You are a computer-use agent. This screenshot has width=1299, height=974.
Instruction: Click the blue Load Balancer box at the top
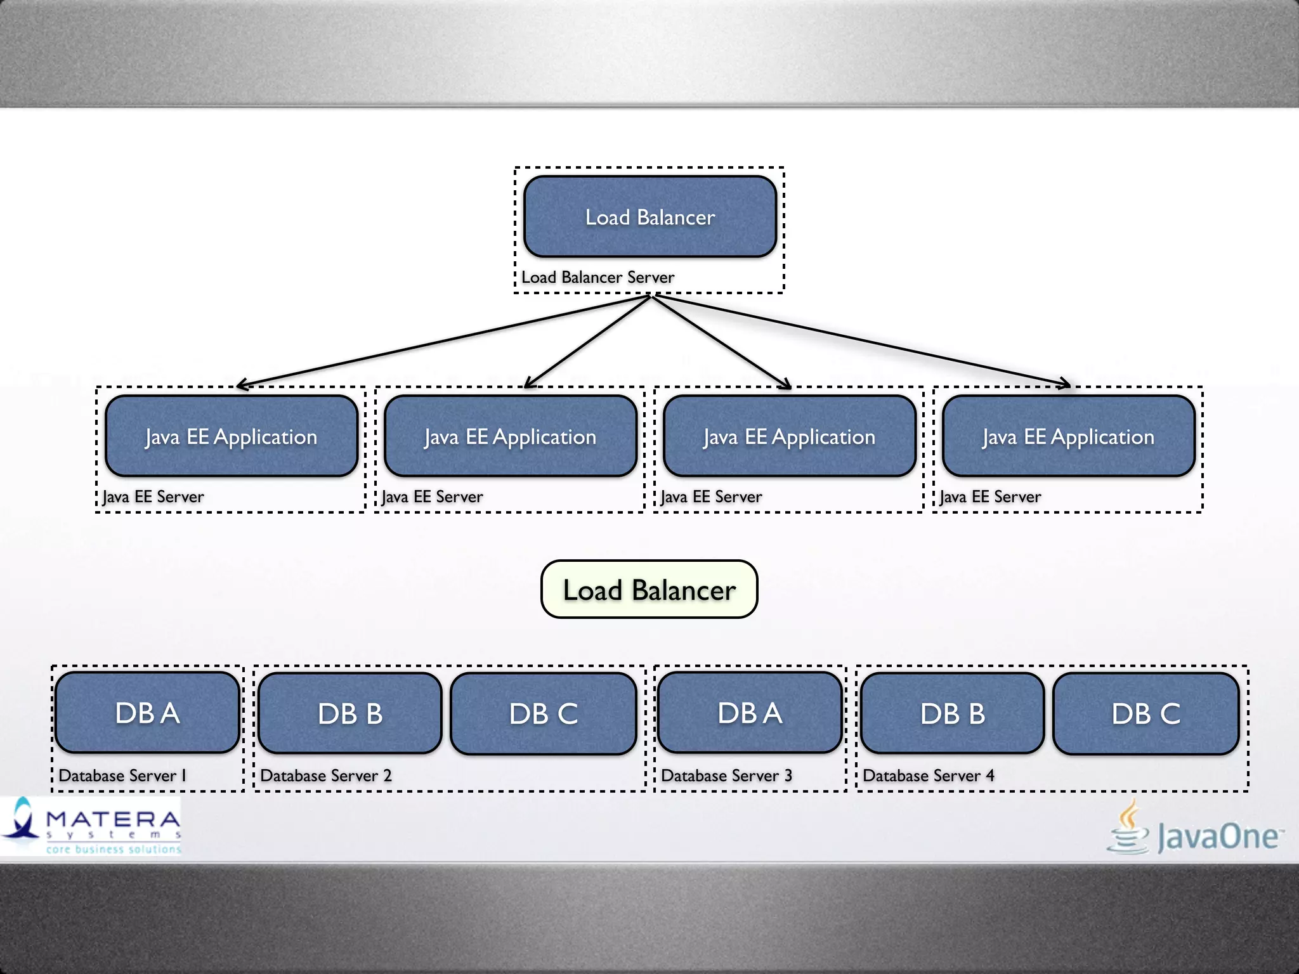click(x=649, y=217)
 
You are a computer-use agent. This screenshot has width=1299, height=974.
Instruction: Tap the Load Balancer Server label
click(x=597, y=277)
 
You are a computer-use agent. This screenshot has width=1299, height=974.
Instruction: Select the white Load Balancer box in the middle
click(x=649, y=589)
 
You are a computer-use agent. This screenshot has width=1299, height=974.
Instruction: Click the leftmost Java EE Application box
click(x=232, y=436)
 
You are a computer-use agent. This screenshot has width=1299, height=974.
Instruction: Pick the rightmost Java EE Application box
click(x=1068, y=436)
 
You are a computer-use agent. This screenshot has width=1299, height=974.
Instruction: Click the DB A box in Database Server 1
click(x=147, y=713)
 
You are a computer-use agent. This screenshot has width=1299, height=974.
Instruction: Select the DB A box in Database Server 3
click(x=750, y=713)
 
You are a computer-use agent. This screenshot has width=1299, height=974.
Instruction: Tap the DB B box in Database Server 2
click(x=350, y=713)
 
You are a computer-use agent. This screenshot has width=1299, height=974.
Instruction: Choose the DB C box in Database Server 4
click(x=1146, y=713)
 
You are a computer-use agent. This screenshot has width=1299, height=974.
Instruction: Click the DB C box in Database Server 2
click(x=544, y=713)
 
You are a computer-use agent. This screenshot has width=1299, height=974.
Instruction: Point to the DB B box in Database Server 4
click(x=953, y=713)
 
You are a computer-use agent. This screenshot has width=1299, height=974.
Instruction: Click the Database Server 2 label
click(x=325, y=776)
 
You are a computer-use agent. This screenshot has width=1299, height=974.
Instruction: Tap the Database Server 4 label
click(x=928, y=776)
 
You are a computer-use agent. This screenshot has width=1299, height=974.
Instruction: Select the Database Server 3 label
click(x=726, y=776)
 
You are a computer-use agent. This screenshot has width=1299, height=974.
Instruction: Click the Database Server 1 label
click(x=122, y=776)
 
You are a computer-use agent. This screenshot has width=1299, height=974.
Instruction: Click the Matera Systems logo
click(x=92, y=826)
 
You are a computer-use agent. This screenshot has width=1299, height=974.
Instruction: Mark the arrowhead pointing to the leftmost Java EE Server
click(x=240, y=385)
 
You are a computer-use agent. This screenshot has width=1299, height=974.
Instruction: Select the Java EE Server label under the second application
click(x=432, y=497)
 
